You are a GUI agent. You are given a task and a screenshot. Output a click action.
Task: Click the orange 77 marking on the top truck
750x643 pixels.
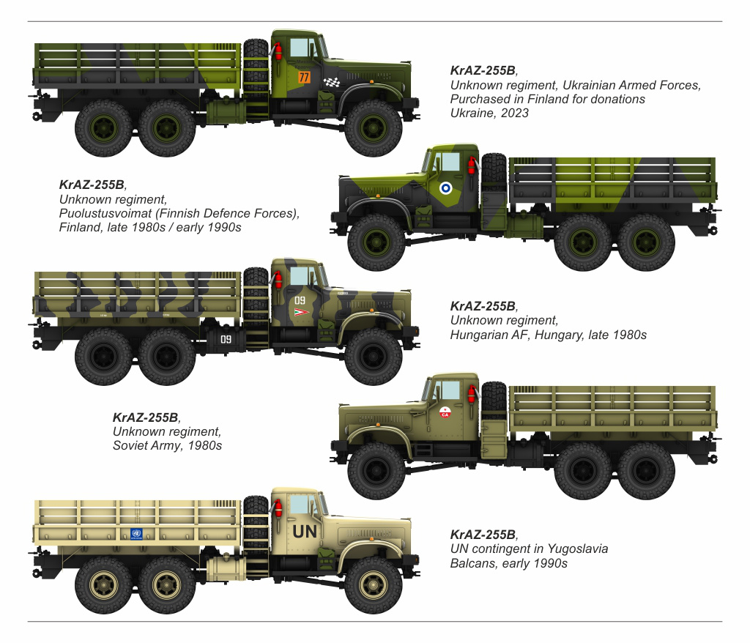(304, 77)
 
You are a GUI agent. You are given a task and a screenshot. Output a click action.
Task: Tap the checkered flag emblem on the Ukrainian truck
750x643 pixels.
(332, 82)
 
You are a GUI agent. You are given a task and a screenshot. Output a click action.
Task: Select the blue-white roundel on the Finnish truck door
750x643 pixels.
(445, 188)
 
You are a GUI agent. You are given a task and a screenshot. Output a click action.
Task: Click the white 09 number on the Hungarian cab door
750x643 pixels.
(300, 300)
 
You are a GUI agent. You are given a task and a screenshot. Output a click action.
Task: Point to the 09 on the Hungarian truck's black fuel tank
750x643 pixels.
(226, 339)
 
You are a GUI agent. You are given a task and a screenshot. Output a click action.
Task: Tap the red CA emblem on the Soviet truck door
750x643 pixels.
(445, 412)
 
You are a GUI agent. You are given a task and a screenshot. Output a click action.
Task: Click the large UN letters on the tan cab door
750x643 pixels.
(305, 532)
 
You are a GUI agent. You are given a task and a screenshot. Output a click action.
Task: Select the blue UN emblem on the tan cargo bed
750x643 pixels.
(136, 534)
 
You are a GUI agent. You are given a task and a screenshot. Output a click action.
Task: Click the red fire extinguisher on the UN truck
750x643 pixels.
(278, 508)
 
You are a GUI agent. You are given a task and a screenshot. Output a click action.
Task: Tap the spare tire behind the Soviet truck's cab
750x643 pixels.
(494, 399)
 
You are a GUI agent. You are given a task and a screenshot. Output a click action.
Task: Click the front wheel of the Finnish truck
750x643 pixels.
(376, 242)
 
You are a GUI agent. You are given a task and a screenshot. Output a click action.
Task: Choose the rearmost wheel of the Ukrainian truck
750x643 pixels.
(103, 127)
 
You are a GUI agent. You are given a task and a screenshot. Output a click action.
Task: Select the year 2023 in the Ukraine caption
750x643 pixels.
(515, 113)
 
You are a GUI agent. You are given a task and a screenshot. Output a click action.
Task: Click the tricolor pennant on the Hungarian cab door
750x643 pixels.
(301, 312)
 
